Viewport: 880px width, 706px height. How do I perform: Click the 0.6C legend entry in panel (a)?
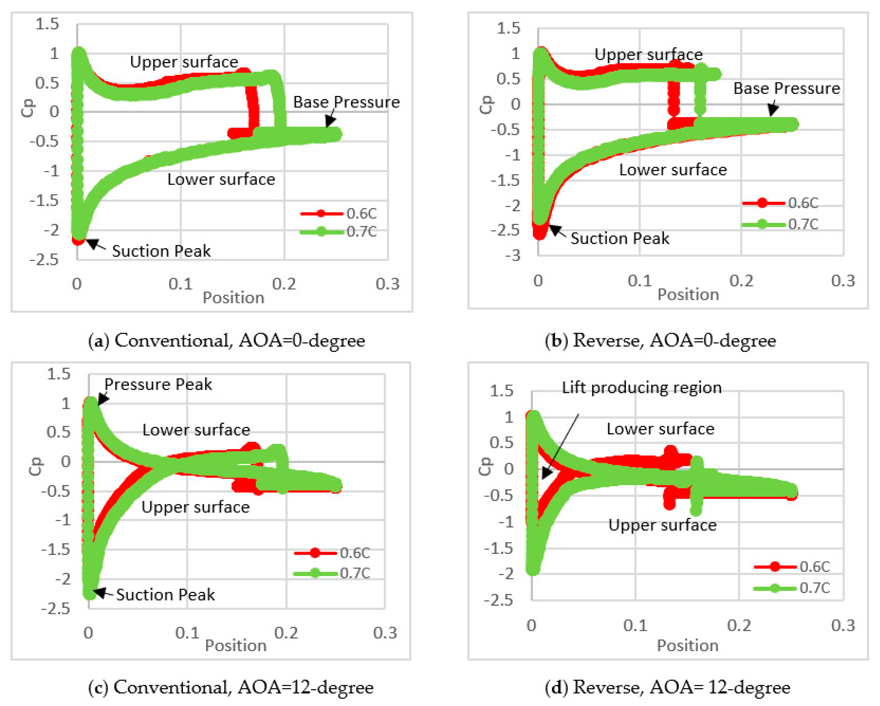pos(361,213)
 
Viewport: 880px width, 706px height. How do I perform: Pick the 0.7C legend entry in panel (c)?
pos(354,573)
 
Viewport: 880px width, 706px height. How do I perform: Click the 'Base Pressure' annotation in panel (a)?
pos(346,102)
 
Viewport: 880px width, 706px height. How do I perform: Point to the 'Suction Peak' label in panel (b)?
pos(620,238)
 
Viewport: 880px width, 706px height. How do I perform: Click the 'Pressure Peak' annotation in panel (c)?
pos(158,384)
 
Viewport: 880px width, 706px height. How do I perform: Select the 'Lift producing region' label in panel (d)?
pos(641,387)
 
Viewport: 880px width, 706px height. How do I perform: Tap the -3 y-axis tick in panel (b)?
pos(513,256)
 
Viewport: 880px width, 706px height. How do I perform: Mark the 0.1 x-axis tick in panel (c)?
pos(187,633)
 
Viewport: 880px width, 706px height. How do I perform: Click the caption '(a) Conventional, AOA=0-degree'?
pos(226,341)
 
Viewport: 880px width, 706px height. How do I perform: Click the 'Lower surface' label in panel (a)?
pos(221,179)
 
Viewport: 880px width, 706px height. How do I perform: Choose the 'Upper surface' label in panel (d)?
pos(662,525)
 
